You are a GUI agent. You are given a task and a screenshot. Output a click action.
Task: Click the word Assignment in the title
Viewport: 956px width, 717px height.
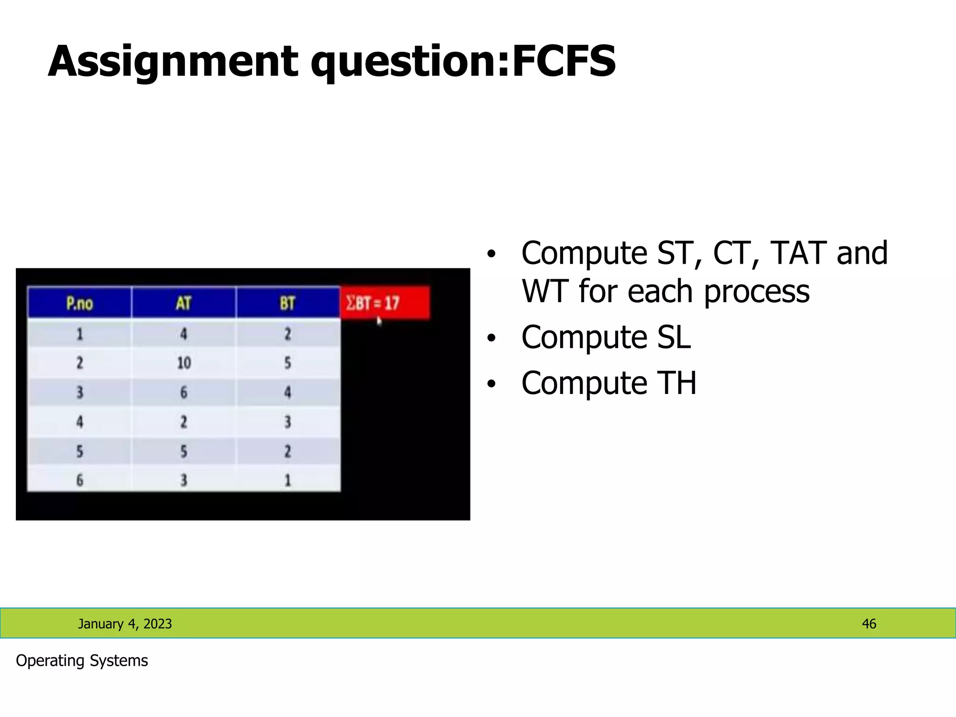(173, 62)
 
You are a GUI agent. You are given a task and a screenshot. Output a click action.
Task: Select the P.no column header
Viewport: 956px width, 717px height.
(79, 303)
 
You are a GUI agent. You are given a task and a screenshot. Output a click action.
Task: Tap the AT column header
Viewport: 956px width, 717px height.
(183, 303)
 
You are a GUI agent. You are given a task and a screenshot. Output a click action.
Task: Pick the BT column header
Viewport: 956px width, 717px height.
(288, 303)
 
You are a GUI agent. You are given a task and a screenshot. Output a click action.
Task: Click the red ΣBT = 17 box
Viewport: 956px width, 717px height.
(385, 303)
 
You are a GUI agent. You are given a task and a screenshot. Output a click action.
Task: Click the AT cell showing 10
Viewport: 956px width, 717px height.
(183, 363)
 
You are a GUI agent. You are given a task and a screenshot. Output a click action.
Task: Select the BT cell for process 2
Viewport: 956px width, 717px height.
(288, 363)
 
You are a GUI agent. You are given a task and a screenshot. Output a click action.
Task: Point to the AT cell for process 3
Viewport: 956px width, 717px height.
(183, 392)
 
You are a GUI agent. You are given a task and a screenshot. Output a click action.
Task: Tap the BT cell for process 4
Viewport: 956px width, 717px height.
(288, 422)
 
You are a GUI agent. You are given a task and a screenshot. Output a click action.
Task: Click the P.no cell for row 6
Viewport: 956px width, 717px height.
(79, 480)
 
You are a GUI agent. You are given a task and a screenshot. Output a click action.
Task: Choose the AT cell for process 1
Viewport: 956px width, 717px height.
(183, 334)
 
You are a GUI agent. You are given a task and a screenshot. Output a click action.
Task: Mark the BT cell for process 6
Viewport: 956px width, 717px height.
(288, 480)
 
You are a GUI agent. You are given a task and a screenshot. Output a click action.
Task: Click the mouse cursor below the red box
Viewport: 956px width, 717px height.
(379, 321)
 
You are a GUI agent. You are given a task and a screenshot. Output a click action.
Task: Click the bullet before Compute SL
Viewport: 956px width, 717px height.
(490, 337)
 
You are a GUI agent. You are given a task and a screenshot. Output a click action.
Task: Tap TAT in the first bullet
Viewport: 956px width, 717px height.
(798, 253)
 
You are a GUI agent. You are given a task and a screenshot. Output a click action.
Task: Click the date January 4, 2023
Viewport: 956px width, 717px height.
(125, 624)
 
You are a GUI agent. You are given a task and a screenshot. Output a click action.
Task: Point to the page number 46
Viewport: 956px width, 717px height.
(869, 624)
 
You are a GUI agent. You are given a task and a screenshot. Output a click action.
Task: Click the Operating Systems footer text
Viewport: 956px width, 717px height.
(82, 661)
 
